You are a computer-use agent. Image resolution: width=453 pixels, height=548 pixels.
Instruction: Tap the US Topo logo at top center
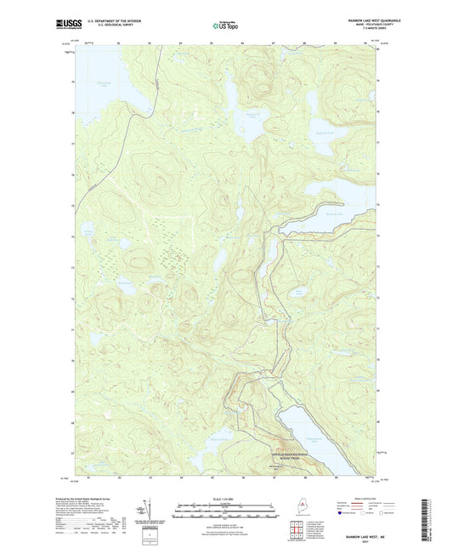[226, 26]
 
